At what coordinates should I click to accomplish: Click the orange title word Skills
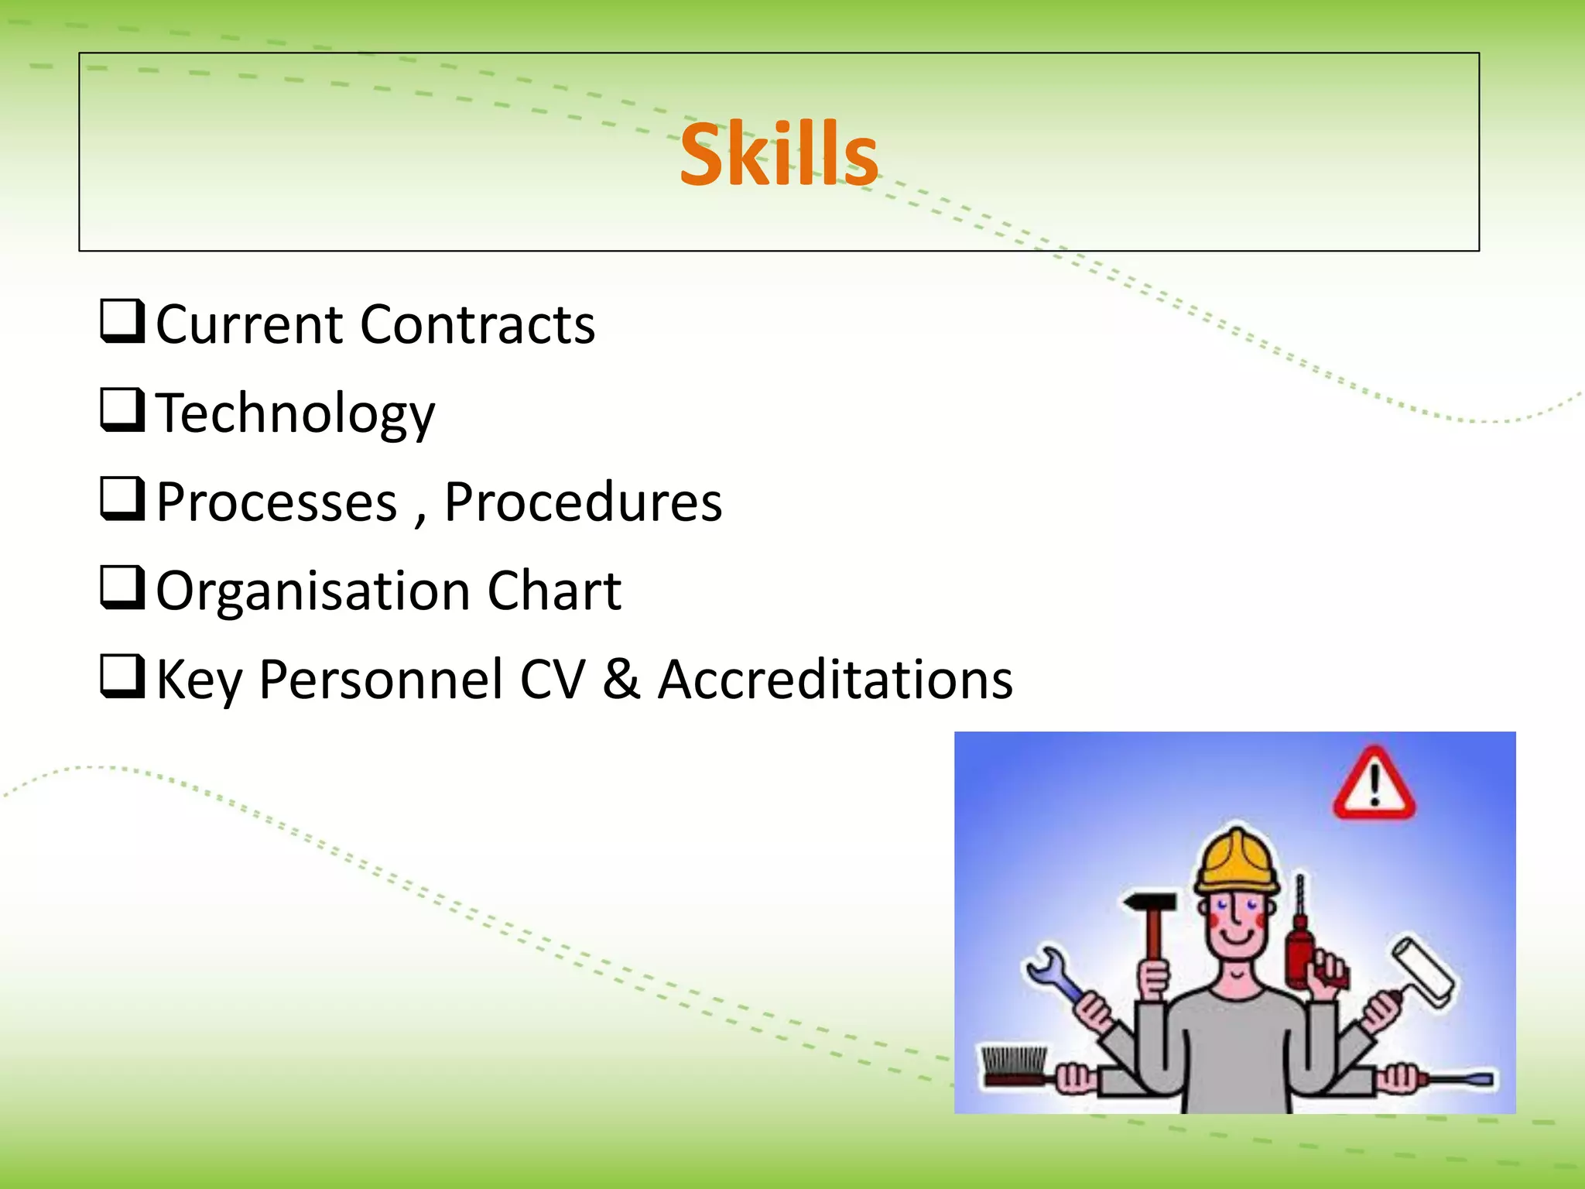(779, 155)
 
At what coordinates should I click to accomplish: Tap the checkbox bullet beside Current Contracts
(122, 321)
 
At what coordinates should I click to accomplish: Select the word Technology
(296, 414)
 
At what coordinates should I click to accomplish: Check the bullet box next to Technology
(122, 410)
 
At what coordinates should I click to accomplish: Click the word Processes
(276, 503)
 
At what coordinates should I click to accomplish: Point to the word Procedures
(583, 503)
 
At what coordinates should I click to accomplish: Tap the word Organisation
(313, 592)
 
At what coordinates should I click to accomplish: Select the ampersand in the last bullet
(621, 680)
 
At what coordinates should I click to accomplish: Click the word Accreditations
(835, 680)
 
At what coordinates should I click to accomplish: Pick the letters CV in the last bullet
(553, 680)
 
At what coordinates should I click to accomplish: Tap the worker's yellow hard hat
(1236, 863)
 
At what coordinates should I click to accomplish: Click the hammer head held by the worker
(1150, 903)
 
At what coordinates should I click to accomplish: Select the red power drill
(1300, 948)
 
